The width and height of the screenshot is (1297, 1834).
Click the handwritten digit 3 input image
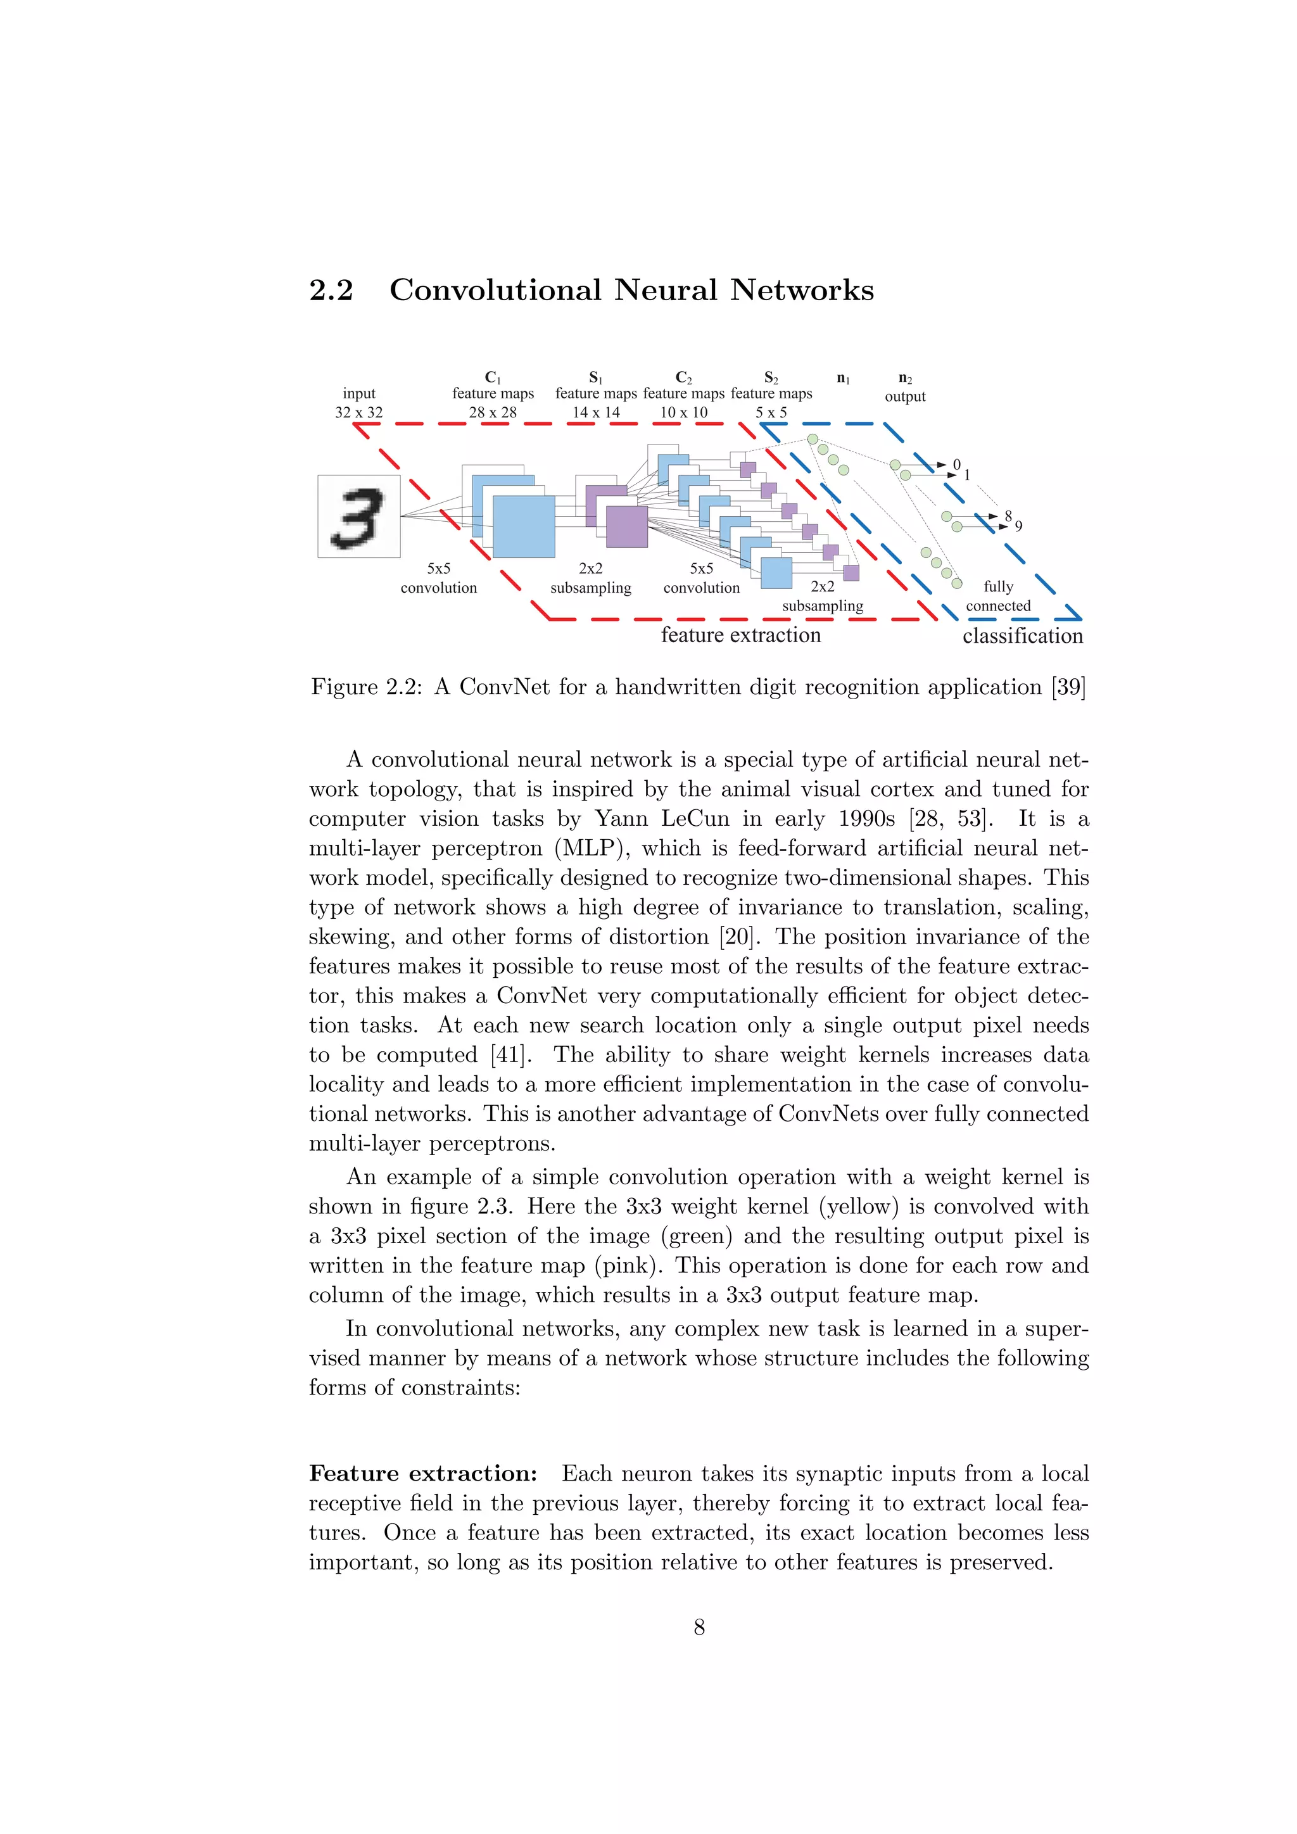pyautogui.click(x=358, y=517)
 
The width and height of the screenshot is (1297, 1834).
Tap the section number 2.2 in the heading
pyautogui.click(x=331, y=290)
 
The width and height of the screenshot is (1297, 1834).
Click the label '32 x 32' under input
pyautogui.click(x=358, y=412)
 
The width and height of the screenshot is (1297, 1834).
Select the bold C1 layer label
pyautogui.click(x=493, y=377)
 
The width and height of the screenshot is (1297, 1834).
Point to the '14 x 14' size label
pyautogui.click(x=596, y=412)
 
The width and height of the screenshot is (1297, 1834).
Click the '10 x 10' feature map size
pyautogui.click(x=683, y=412)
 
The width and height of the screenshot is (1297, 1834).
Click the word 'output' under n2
pyautogui.click(x=905, y=396)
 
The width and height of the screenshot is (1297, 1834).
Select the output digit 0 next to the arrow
pyautogui.click(x=957, y=465)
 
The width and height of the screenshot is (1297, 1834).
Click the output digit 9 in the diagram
pyautogui.click(x=1018, y=526)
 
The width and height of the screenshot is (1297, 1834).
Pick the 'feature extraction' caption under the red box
pyautogui.click(x=740, y=635)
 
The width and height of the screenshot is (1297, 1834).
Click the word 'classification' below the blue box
pyautogui.click(x=1022, y=636)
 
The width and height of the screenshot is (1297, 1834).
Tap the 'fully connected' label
pyautogui.click(x=998, y=596)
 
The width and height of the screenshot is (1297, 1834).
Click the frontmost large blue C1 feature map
pyautogui.click(x=524, y=526)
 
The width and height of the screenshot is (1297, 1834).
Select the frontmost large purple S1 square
pyautogui.click(x=627, y=526)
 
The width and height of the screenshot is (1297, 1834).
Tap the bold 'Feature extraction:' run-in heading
pyautogui.click(x=423, y=1473)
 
